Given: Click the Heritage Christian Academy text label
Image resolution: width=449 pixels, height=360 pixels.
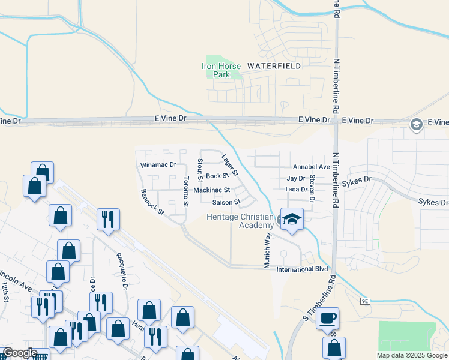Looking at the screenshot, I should tap(240, 221).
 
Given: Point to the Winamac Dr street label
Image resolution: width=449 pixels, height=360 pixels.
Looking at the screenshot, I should tap(158, 164).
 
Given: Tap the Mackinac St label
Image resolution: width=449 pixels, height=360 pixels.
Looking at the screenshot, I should tap(211, 190).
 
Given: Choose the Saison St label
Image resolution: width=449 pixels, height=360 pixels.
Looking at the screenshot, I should tap(226, 202).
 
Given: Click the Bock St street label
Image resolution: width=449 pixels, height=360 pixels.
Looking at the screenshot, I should tap(217, 176).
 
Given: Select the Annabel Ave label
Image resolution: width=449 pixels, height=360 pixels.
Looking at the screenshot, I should tap(311, 167).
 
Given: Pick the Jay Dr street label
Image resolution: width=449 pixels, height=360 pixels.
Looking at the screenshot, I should tap(297, 178).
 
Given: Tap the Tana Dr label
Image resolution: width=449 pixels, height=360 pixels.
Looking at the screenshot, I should tap(296, 190).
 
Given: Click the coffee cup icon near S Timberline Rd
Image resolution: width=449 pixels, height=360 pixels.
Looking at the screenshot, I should tap(328, 319).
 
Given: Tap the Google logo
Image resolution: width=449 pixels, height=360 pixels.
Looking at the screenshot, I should tap(20, 353).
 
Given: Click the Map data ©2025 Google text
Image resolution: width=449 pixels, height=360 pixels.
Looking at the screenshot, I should tap(411, 355).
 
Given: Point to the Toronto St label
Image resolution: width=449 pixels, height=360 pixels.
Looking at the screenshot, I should tap(187, 191).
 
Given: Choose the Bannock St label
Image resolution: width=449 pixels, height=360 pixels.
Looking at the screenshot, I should tap(152, 203).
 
